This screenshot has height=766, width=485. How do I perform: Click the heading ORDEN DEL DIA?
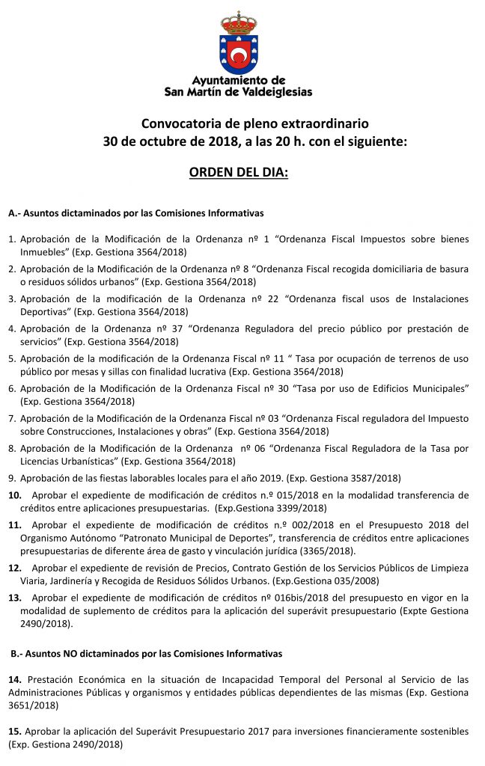pos(238,173)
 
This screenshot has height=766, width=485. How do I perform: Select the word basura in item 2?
pos(452,269)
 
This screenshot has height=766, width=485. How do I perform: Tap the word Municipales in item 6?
pos(439,388)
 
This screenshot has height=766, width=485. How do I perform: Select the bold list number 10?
pos(14,495)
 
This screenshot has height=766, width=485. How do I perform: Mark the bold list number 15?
pos(14,730)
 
